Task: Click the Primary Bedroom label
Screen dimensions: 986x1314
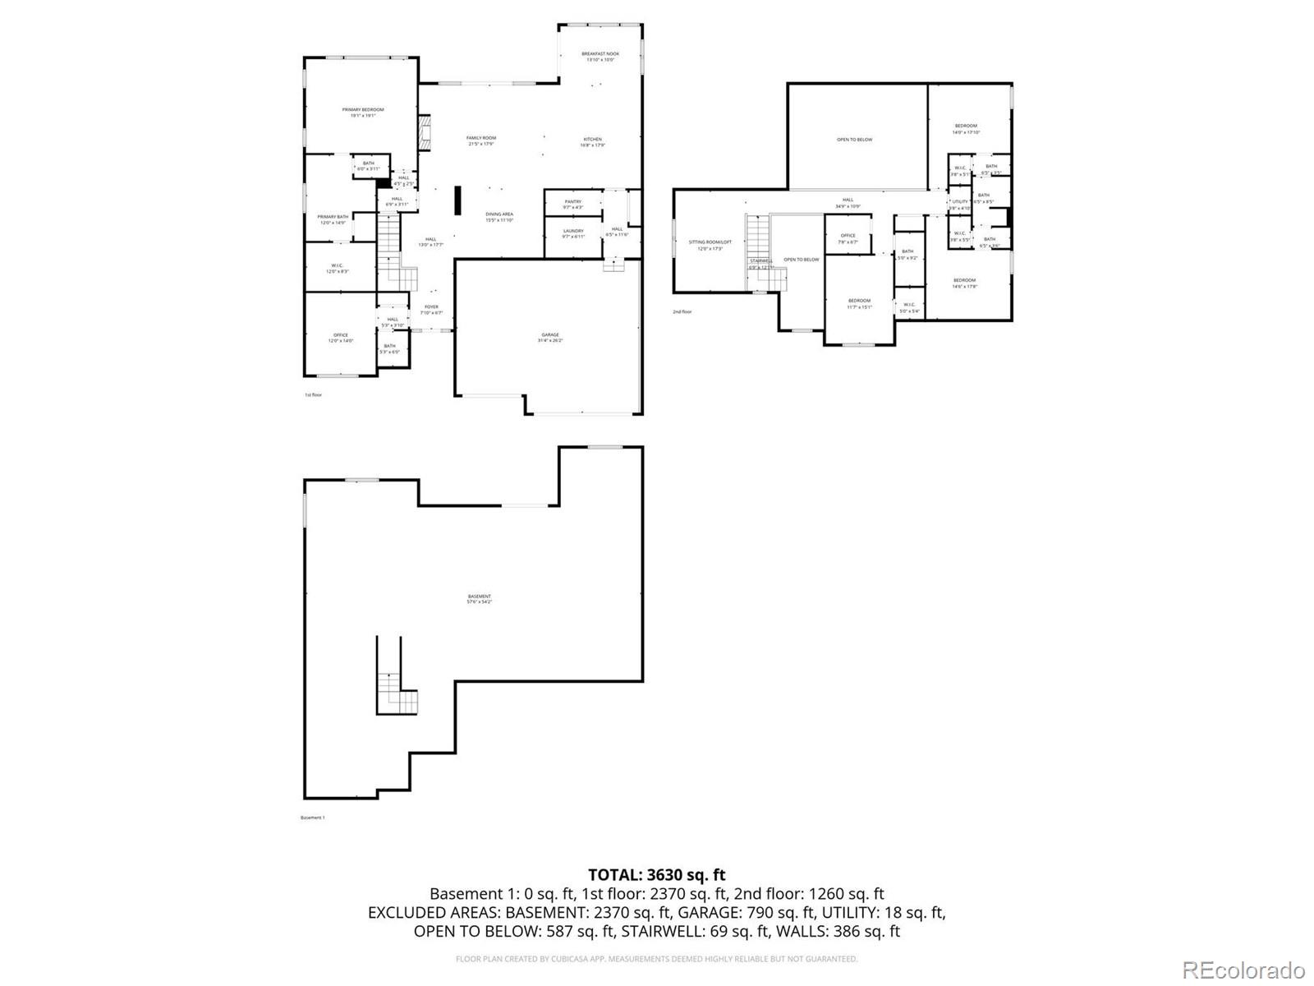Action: click(362, 110)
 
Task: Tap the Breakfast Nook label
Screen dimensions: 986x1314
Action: click(600, 54)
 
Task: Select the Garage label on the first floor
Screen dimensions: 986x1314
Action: click(549, 335)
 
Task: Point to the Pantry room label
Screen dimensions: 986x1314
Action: click(572, 202)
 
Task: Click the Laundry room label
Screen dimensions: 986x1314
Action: click(572, 232)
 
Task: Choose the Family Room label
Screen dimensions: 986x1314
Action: click(481, 138)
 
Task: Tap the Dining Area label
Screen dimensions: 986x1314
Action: click(498, 214)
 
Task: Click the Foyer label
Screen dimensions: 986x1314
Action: click(431, 307)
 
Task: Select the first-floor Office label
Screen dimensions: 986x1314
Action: click(340, 335)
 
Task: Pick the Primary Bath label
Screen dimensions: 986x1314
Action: click(333, 217)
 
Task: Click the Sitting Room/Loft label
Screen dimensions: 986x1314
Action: click(710, 242)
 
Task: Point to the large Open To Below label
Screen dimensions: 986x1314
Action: click(854, 140)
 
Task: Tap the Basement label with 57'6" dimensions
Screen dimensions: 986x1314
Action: click(480, 597)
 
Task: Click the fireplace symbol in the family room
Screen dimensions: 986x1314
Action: click(425, 133)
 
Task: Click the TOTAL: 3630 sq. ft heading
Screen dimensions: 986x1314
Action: click(656, 875)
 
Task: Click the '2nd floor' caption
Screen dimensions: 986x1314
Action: click(682, 312)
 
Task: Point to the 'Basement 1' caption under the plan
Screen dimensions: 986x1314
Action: click(312, 818)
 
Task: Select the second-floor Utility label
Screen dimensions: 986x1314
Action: click(959, 201)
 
